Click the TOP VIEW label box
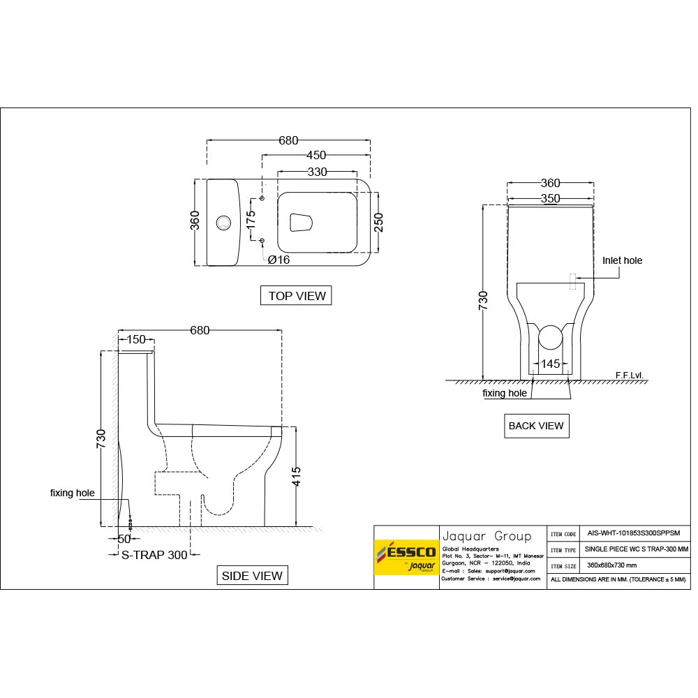[297, 296]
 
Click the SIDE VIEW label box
[252, 576]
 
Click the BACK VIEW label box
[536, 426]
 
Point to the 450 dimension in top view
[316, 156]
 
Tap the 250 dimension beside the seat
[378, 222]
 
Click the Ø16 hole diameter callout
[279, 260]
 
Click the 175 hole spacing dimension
[251, 220]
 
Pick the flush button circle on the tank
[224, 223]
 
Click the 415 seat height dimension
[296, 477]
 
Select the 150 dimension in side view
[135, 340]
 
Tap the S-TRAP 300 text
[154, 555]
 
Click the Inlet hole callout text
[622, 260]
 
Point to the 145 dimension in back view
[551, 364]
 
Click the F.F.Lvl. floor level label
[629, 375]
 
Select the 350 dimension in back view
[551, 198]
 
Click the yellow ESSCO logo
[406, 556]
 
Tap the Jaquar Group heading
[487, 536]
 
